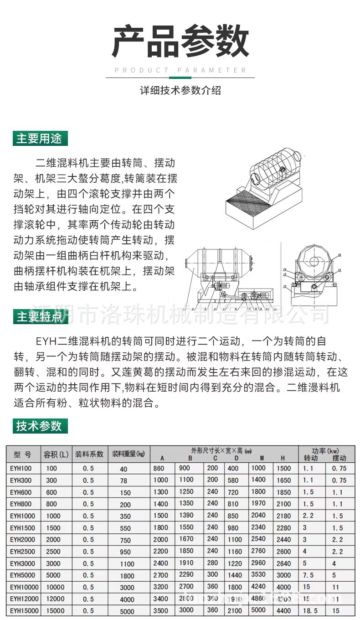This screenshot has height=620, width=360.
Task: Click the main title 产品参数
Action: click(x=180, y=42)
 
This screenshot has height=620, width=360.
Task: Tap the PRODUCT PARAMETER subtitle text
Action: click(x=180, y=70)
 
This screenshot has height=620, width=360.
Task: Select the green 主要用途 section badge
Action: click(x=40, y=138)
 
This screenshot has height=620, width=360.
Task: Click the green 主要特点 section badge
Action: click(x=40, y=316)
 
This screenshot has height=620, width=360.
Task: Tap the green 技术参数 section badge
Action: click(x=40, y=426)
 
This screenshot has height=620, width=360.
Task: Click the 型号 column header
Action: click(x=23, y=455)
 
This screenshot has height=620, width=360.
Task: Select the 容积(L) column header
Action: click(x=56, y=455)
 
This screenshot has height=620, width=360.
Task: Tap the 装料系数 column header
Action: click(x=89, y=455)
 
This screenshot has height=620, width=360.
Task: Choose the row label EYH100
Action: click(x=21, y=468)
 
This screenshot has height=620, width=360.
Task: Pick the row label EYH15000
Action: click(x=24, y=610)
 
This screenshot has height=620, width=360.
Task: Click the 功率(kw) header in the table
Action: click(x=325, y=450)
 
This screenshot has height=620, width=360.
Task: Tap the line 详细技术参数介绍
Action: click(x=180, y=90)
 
